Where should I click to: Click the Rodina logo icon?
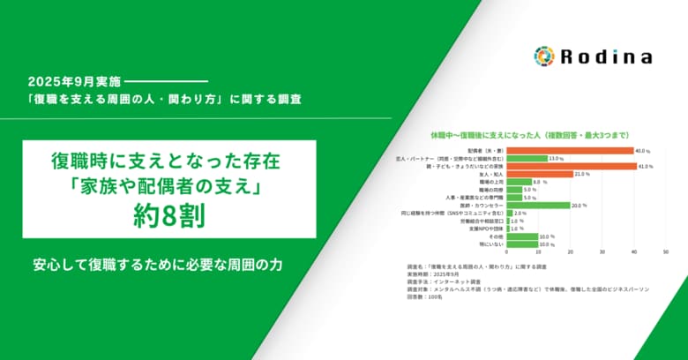coord(544,56)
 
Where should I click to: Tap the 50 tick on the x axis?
coord(658,254)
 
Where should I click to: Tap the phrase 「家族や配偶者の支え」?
coord(168,189)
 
